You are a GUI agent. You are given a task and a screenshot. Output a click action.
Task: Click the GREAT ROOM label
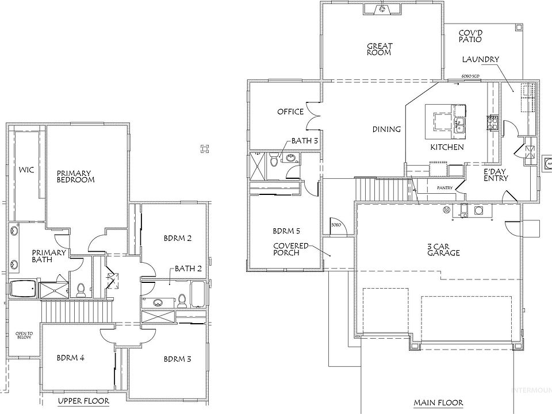click(379, 49)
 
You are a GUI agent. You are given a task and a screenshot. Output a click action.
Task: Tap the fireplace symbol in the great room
click(380, 9)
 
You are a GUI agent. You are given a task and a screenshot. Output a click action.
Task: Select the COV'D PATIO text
click(470, 36)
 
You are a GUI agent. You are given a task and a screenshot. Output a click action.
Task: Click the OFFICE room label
click(290, 111)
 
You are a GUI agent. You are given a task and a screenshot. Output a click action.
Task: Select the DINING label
click(386, 129)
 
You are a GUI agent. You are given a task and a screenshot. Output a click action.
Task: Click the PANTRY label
click(445, 187)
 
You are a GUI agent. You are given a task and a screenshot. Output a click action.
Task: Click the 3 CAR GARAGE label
click(443, 249)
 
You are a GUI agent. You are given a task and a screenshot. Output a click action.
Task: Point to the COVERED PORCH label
click(291, 249)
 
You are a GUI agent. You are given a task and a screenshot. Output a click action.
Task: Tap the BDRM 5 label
click(286, 232)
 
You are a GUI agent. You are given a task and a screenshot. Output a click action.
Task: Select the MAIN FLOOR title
click(438, 403)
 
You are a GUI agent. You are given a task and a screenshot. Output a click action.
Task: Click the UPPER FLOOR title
click(84, 400)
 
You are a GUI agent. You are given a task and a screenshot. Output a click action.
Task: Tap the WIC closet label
click(26, 170)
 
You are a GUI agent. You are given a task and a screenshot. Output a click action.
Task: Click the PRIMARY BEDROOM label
click(75, 176)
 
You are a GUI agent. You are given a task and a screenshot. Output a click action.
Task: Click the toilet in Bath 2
click(182, 300)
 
